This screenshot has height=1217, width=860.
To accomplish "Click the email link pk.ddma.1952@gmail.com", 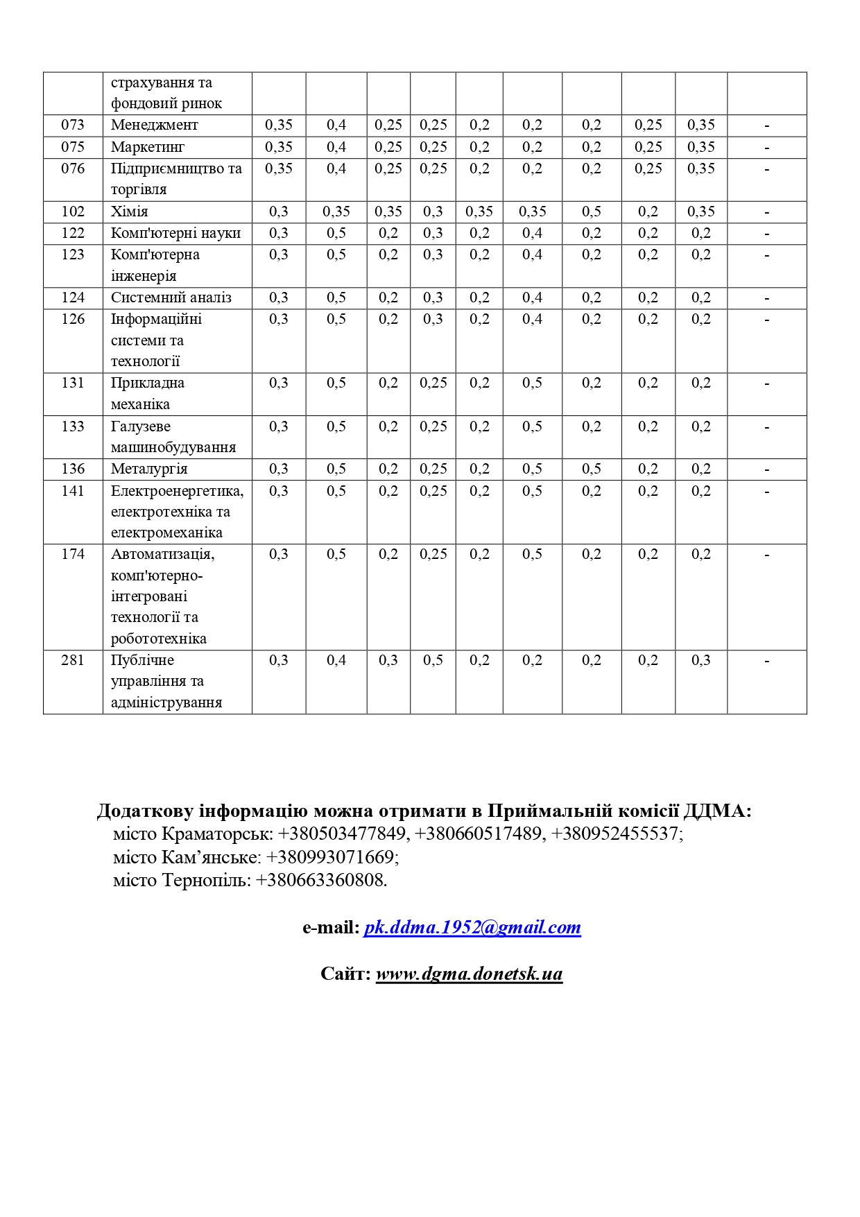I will pos(472,928).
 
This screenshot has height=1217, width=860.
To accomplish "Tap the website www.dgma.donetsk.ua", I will pos(469,974).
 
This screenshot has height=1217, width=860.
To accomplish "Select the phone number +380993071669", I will pos(330,857).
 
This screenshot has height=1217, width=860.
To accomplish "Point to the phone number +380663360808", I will pos(320,880).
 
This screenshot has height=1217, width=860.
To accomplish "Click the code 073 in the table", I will pos(73,125).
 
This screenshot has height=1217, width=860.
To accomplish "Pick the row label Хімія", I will pos(130,212).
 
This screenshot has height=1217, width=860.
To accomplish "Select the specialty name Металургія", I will pos(149,469).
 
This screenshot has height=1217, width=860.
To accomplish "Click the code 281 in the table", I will pos(73,660).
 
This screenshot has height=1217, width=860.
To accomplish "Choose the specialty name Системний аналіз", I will pos(171,297).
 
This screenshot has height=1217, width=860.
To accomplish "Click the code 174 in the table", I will pos(73,554).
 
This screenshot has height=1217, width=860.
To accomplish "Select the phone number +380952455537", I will pos(614,834).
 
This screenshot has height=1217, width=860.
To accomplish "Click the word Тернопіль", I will pos(206,880).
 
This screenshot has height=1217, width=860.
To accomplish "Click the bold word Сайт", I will pos(344,974).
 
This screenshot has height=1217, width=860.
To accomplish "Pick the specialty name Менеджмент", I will pos(155,125).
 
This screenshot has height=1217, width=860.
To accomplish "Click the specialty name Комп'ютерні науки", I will pos(175,233).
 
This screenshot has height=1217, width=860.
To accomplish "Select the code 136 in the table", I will pos(73,469).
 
